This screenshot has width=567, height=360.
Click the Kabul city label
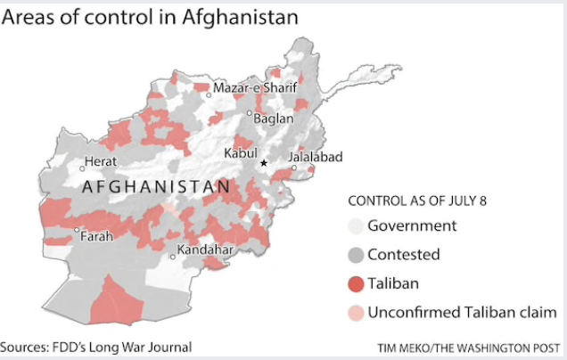[x=241, y=151]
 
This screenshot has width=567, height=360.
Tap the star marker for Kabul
[x=263, y=163]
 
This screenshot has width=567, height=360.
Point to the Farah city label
[x=97, y=237]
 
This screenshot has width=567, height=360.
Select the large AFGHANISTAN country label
[x=155, y=188]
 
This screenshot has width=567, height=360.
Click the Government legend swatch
[x=355, y=226]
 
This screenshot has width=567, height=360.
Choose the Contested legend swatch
[x=355, y=255]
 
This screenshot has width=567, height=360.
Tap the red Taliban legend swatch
[x=355, y=283]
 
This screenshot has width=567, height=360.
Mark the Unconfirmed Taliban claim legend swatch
[x=355, y=312]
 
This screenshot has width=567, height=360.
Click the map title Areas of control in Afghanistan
[x=149, y=18]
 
